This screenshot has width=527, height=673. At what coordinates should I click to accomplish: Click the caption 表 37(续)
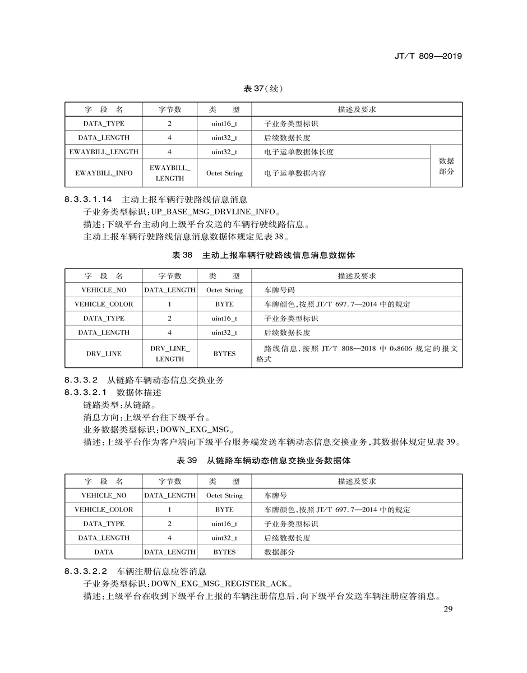pos(263,89)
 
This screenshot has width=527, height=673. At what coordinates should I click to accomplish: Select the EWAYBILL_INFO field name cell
pos(104,173)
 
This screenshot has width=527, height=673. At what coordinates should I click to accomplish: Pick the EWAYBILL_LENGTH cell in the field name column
pos(104,152)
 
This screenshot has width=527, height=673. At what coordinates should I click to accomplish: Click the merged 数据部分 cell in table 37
pos(446,166)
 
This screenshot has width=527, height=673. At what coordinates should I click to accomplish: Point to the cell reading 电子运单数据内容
pos(295,173)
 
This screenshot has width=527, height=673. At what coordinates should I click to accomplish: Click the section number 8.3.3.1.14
pos(89,199)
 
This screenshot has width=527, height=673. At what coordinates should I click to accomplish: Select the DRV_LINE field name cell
pos(104,354)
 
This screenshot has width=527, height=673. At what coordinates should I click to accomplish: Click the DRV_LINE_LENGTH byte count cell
pos(169,354)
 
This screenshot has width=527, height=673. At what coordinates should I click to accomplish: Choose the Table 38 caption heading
pos(263,255)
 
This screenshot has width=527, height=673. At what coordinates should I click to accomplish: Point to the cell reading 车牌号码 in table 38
pos(279,291)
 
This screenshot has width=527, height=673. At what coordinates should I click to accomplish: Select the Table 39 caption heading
pos(263,460)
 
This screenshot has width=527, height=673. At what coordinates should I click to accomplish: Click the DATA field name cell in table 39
pos(104,552)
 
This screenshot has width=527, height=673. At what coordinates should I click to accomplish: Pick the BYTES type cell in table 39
pos(224,552)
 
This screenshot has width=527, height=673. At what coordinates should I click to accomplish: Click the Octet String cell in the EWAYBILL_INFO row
pos(224,173)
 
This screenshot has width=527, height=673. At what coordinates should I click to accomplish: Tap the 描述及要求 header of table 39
pos(357,481)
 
